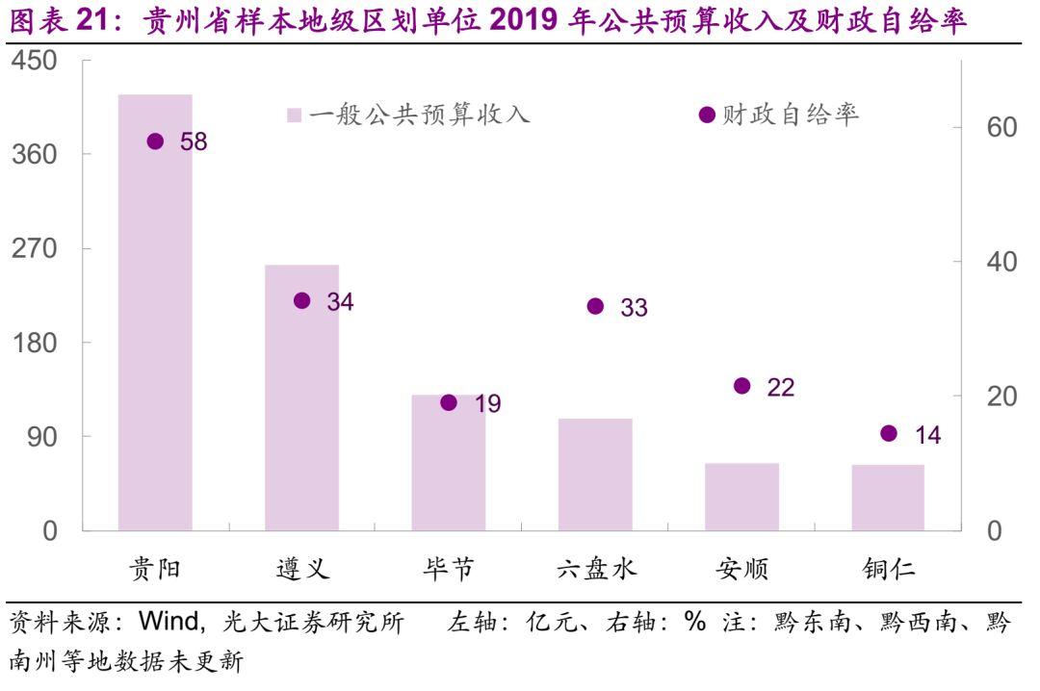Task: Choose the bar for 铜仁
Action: click(x=888, y=498)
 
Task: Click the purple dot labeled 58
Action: click(x=155, y=141)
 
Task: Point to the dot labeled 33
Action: click(x=595, y=306)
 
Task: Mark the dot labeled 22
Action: click(x=741, y=386)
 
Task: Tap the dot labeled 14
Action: click(x=889, y=433)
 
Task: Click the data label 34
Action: click(x=340, y=302)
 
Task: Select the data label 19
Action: click(x=487, y=404)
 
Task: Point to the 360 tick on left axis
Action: click(x=37, y=155)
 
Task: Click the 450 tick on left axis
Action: click(x=37, y=61)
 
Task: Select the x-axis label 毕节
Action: click(x=449, y=569)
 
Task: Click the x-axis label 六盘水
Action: click(x=596, y=569)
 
